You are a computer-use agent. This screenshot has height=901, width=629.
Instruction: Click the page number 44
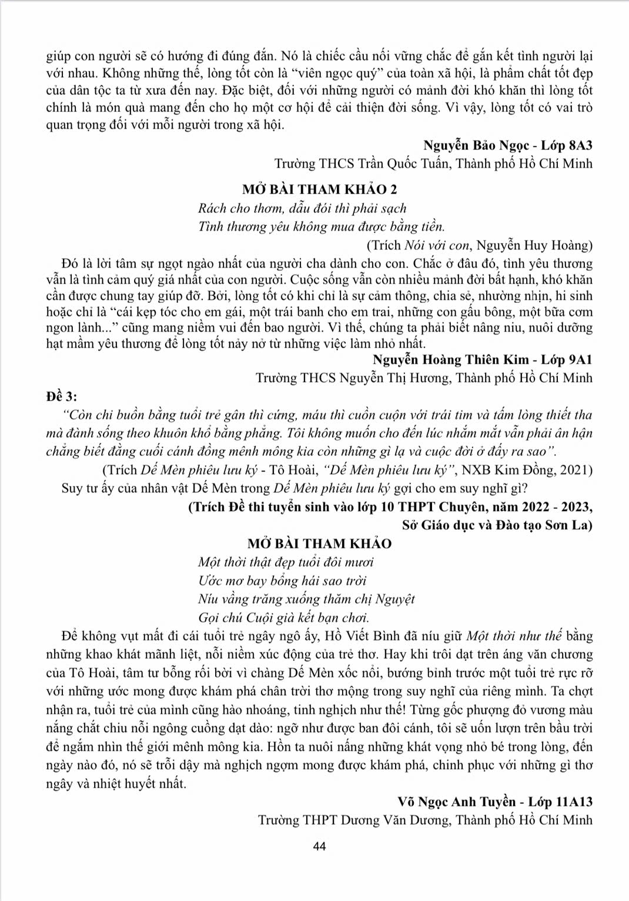coord(320,846)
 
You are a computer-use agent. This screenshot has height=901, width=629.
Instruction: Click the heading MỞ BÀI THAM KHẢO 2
coord(319,189)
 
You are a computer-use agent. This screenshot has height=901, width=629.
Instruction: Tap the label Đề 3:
coord(61,396)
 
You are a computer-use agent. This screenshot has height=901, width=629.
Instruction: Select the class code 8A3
coord(580,145)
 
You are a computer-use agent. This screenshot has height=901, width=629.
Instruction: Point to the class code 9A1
coord(580,359)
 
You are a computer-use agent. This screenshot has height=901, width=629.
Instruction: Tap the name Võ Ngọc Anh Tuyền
coord(456,802)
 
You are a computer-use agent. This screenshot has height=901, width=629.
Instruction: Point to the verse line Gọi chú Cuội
coord(284,618)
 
